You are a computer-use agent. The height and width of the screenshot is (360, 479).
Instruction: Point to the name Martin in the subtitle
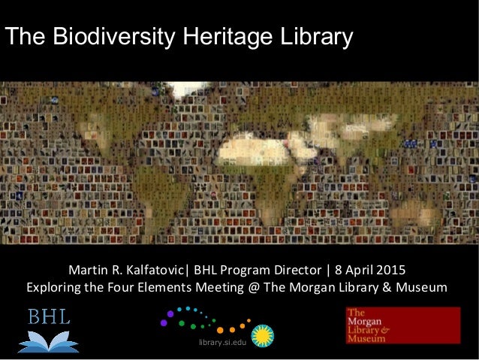point(88,269)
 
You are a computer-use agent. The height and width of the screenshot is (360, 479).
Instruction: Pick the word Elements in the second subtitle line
point(191,288)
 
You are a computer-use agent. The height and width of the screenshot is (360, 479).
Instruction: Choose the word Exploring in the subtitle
point(53,288)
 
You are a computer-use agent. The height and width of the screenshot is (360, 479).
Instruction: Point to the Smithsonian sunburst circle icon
point(262,335)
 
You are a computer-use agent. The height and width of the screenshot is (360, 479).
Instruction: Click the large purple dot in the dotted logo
point(170,313)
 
